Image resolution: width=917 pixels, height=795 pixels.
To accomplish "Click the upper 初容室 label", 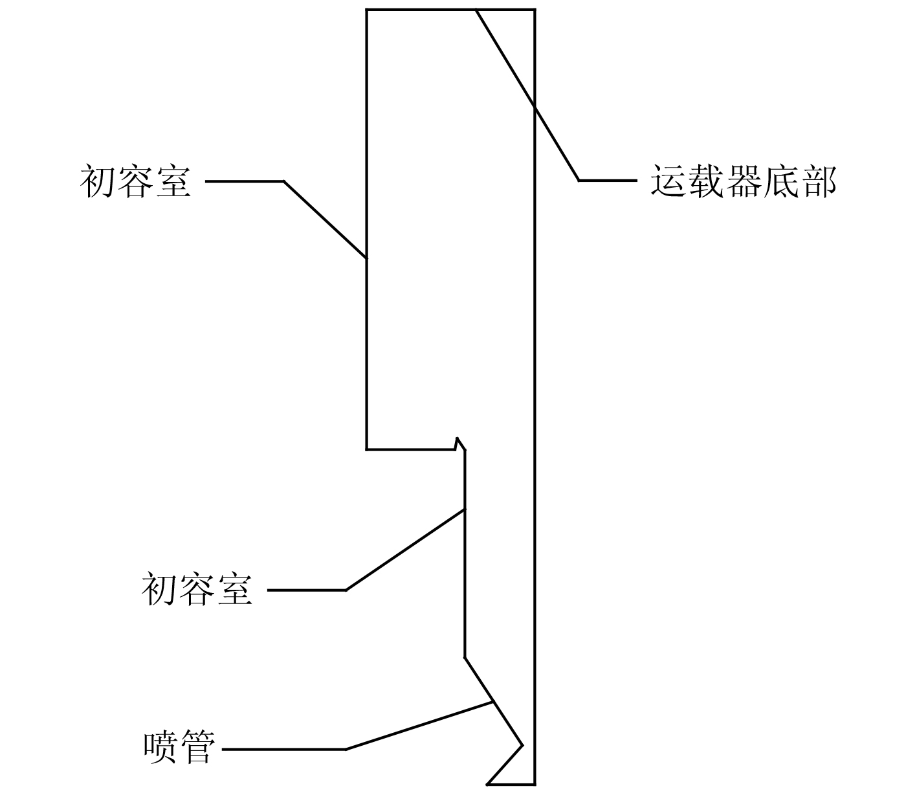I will click(x=136, y=181).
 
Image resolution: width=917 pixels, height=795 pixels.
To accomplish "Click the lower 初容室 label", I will click(x=197, y=590).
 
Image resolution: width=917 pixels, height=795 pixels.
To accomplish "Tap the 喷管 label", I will click(x=178, y=748).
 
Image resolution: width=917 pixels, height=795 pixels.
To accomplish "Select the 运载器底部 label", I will click(x=744, y=181).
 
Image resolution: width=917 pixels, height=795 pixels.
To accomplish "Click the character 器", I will click(x=744, y=181).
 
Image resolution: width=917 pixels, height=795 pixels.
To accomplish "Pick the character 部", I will click(x=819, y=181).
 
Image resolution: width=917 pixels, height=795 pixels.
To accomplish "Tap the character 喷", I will click(x=160, y=748).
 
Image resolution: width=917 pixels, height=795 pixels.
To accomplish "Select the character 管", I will click(x=197, y=748).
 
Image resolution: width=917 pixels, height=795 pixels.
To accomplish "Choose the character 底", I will click(x=781, y=181).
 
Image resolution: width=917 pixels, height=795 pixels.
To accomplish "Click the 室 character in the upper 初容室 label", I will click(x=173, y=181).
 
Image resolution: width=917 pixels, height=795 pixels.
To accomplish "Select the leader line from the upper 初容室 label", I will click(x=324, y=219).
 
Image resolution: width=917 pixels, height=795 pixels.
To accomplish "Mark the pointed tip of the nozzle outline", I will click(x=522, y=745).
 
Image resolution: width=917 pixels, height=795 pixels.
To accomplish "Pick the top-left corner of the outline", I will click(x=367, y=10).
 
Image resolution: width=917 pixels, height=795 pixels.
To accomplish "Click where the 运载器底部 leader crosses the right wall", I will click(x=535, y=106).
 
